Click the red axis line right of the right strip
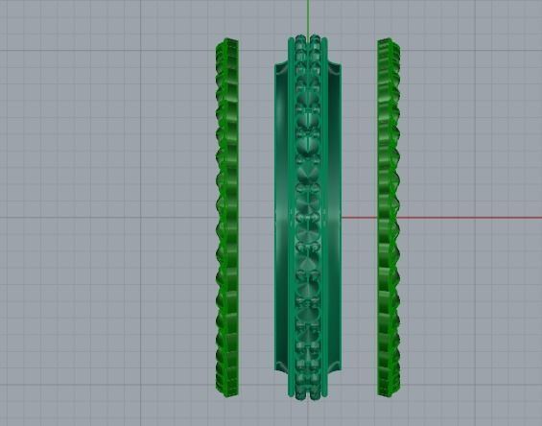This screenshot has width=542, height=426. [460, 217]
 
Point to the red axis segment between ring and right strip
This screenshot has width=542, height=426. [361, 217]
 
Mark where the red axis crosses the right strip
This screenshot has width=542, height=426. [387, 217]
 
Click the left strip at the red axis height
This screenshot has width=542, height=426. [226, 217]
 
